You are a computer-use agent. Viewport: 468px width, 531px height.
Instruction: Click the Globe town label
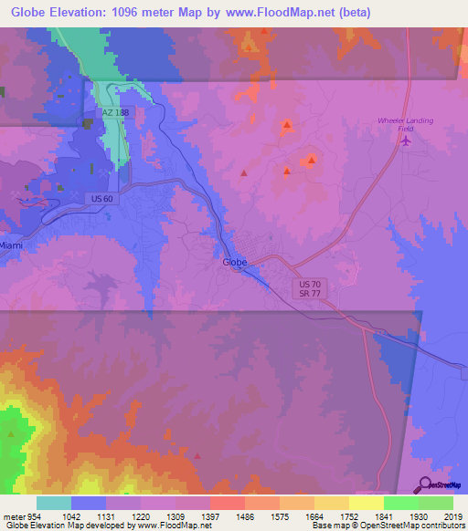pyautogui.click(x=236, y=262)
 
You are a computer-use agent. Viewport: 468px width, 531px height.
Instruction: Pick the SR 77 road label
pyautogui.click(x=310, y=295)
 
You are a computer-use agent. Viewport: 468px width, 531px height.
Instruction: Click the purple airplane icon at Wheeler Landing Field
pyautogui.click(x=408, y=141)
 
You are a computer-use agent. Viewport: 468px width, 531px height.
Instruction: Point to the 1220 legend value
pyautogui.click(x=140, y=515)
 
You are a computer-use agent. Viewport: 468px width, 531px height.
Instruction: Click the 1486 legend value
pyautogui.click(x=243, y=515)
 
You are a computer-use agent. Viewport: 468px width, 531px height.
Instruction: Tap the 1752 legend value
pyautogui.click(x=347, y=515)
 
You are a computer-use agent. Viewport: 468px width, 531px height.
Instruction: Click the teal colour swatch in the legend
pyautogui.click(x=54, y=502)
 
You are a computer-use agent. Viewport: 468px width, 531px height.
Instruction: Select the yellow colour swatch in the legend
pyautogui.click(x=366, y=502)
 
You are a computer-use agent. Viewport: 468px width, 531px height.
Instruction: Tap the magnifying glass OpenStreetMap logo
pyautogui.click(x=425, y=485)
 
